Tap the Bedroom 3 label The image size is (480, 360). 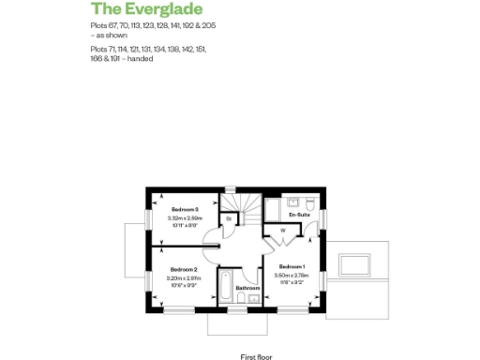[183, 209]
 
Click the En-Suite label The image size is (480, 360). [299, 216]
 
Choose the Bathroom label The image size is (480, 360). [247, 288]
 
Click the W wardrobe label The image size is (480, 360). [282, 231]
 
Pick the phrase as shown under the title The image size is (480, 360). [109, 35]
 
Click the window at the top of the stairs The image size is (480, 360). [227, 190]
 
